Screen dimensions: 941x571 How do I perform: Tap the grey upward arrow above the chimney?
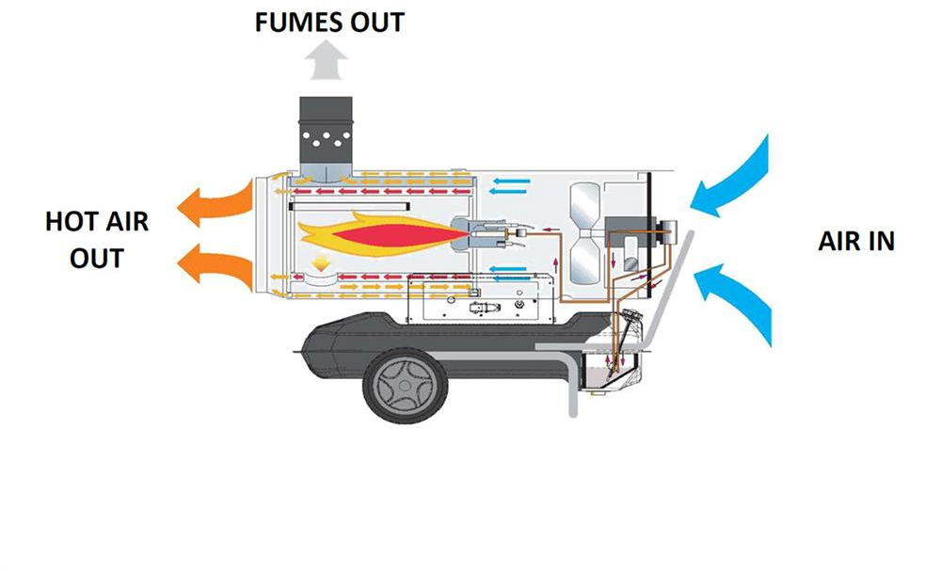pos(326,59)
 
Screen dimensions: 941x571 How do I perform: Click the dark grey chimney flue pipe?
pos(326,138)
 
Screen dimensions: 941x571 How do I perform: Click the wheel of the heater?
pos(405,385)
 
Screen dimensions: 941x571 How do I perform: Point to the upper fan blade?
pos(584,206)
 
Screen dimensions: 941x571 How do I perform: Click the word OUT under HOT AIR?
pos(97,258)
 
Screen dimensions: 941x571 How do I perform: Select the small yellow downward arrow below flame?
pos(321,262)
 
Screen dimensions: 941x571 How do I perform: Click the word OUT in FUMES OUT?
pos(377,23)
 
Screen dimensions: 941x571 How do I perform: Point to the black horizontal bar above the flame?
pos(349,206)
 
